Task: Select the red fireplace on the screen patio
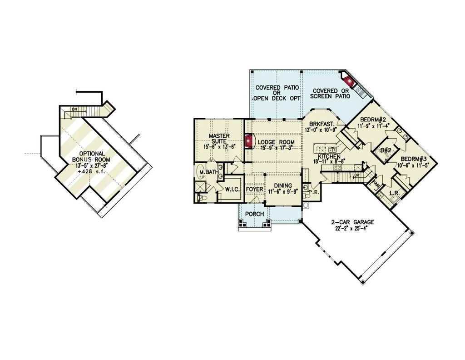pos(349,82)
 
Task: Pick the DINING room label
pos(282,185)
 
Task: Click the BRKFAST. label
pos(322,124)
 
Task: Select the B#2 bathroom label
pos(386,150)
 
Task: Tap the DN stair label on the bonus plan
pos(73,109)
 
